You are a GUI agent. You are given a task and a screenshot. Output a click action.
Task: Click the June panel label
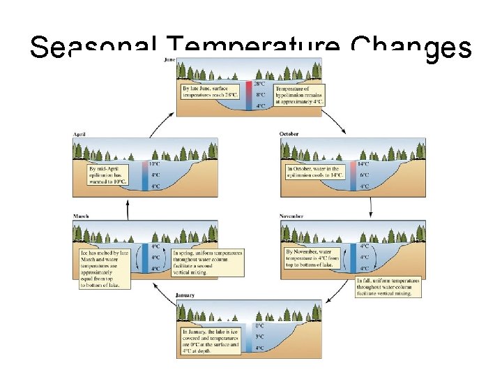[x=169, y=60]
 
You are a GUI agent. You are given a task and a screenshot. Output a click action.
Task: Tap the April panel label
[x=79, y=134]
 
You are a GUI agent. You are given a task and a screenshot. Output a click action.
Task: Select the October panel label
[x=289, y=134]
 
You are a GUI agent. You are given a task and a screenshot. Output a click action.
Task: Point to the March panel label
[x=81, y=216]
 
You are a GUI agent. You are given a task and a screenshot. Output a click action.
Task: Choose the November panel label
[x=292, y=216]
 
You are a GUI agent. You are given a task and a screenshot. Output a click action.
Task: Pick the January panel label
[x=185, y=295]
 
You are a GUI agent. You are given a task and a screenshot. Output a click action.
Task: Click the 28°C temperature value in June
[x=259, y=84]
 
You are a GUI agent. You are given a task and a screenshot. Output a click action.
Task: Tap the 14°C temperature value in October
[x=363, y=164]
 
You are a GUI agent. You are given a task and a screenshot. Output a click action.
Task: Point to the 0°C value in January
[x=259, y=325]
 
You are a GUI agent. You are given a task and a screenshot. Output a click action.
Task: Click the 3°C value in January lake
[x=259, y=336]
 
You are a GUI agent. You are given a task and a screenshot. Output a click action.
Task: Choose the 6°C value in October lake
[x=363, y=175]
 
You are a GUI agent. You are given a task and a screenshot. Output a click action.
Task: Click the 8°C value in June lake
[x=259, y=95]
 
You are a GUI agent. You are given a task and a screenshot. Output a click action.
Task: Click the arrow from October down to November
[x=371, y=203]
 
